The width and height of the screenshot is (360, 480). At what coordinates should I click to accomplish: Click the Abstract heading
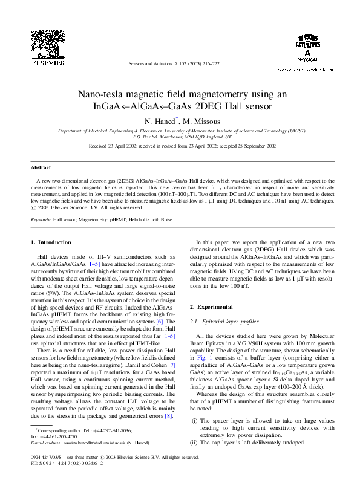coord(41,167)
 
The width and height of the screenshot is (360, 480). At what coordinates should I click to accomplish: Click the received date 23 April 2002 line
coord(182,146)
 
